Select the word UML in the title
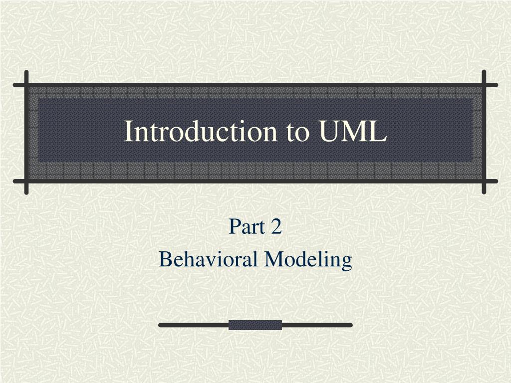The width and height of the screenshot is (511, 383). point(352,131)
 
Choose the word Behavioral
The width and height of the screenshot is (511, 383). point(209,259)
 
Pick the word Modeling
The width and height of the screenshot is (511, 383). point(308,259)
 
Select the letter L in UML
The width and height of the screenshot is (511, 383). point(378,131)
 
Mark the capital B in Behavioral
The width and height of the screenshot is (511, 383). point(165,259)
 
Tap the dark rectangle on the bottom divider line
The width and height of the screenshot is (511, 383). point(255,325)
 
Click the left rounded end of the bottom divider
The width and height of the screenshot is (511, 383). point(161,325)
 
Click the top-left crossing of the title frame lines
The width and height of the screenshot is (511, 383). point(26,85)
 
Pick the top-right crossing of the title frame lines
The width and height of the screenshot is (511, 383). point(484,85)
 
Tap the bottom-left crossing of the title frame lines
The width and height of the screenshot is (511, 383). point(26,181)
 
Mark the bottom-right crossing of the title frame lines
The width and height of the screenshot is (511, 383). point(484,181)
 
